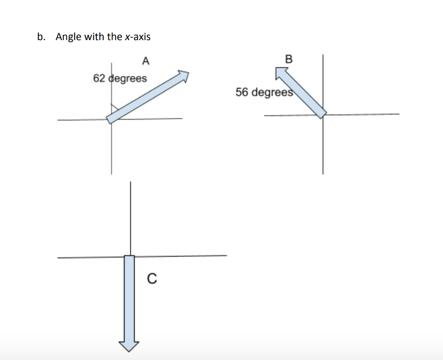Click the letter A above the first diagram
(146, 61)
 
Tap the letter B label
(289, 59)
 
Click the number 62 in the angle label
(99, 79)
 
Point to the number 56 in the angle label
(242, 92)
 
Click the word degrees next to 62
(127, 79)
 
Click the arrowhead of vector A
(183, 76)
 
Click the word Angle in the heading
(68, 37)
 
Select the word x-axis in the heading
(138, 37)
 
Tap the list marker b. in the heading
(41, 37)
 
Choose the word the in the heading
(114, 37)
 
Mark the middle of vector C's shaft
(129, 298)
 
